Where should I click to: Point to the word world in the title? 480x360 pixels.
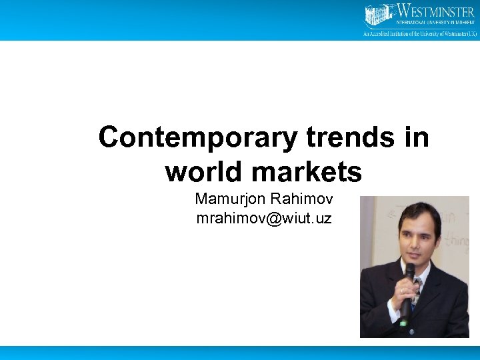(203, 172)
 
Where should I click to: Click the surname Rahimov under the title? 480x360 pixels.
(303, 199)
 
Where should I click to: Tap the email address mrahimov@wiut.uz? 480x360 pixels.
(264, 218)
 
